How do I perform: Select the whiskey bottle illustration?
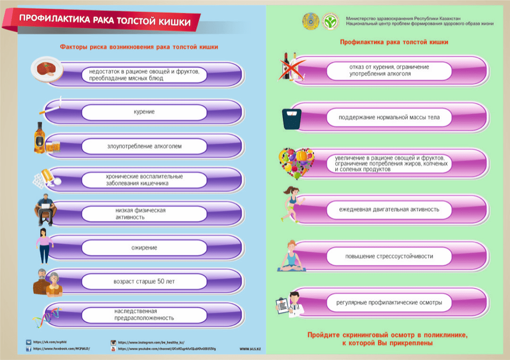pyautogui.click(x=40, y=137)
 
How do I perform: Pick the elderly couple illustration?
pyautogui.click(x=48, y=282)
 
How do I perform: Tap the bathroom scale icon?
pyautogui.click(x=291, y=119)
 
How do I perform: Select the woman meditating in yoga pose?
pyautogui.click(x=291, y=256)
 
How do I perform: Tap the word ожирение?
pyautogui.click(x=144, y=247)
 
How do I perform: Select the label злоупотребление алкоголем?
pyautogui.click(x=144, y=146)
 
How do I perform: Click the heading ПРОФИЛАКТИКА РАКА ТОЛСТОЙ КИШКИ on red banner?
pyautogui.click(x=105, y=22)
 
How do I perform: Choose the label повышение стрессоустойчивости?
pyautogui.click(x=389, y=256)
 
